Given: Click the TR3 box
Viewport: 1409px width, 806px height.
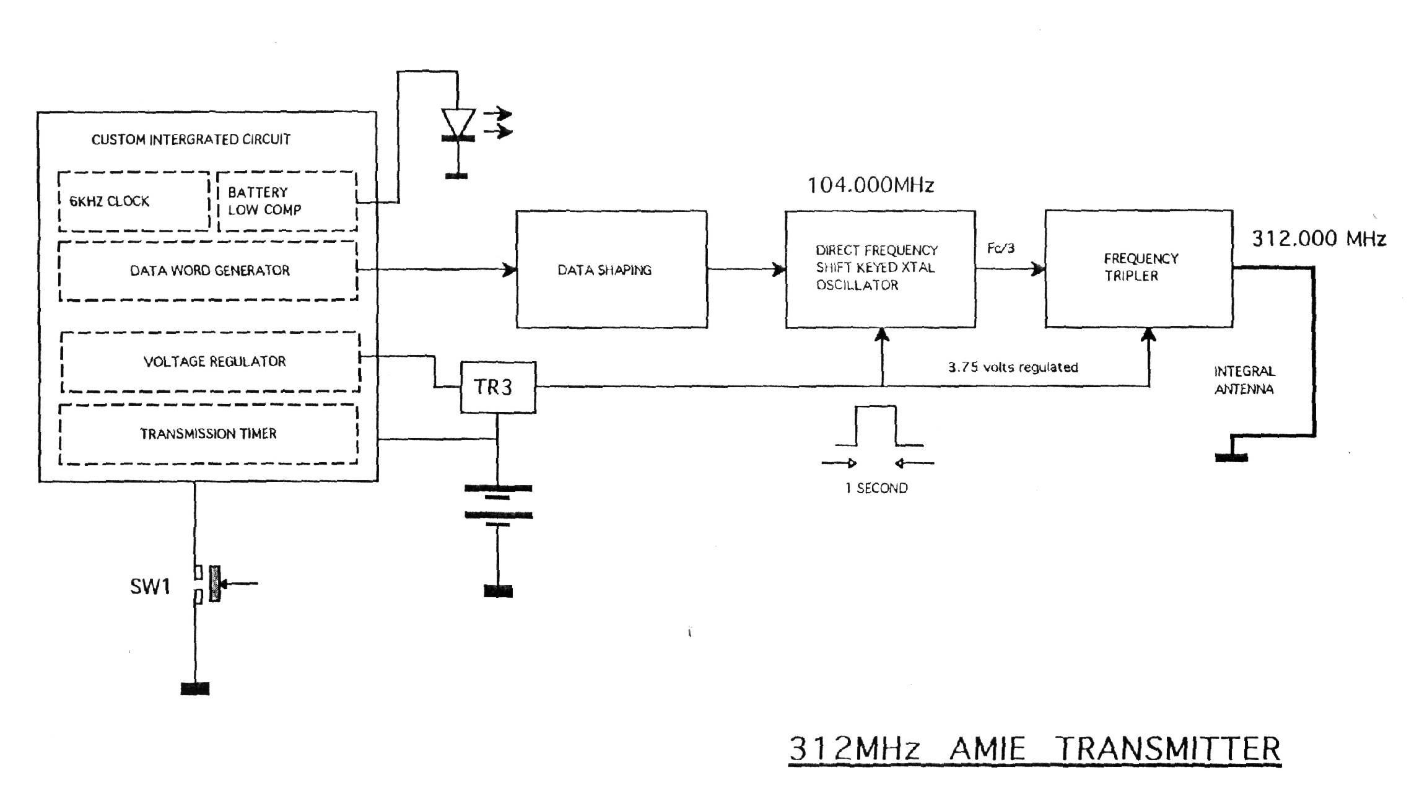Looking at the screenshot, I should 497,387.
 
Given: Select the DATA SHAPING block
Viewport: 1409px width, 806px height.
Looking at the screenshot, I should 611,269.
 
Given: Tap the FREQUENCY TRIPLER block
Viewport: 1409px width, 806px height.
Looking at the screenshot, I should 1138,268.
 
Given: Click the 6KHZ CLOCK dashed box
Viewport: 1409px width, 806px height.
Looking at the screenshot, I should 133,201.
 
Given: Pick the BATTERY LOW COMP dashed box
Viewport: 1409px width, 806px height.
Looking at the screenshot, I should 287,201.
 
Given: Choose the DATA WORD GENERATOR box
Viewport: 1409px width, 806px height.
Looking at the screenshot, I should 208,271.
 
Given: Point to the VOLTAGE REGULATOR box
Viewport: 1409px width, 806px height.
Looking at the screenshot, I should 211,362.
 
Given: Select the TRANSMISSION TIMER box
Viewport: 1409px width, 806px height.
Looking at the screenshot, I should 208,434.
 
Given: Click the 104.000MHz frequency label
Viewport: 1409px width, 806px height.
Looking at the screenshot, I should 870,185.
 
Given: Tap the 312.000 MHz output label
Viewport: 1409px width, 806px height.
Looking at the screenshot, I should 1319,239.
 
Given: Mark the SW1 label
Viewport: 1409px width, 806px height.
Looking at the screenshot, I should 149,586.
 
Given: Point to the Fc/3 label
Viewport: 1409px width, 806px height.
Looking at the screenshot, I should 1000,248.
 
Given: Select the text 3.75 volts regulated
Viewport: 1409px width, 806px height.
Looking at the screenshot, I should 1013,367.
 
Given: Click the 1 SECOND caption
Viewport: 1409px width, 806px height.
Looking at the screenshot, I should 876,488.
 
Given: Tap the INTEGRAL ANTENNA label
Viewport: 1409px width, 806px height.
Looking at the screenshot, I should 1244,380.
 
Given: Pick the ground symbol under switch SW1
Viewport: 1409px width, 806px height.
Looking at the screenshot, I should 195,688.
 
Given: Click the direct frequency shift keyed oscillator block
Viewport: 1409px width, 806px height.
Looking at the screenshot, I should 880,268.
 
